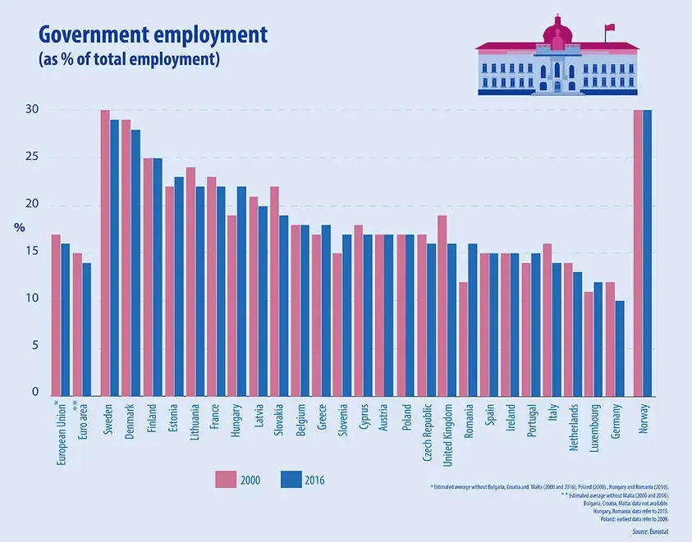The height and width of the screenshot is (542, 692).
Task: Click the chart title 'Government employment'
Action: [154, 34]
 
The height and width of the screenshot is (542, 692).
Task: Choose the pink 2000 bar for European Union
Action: [56, 314]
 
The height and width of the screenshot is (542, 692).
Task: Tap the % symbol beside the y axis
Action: [20, 227]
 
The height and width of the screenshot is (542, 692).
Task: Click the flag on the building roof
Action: [609, 28]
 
